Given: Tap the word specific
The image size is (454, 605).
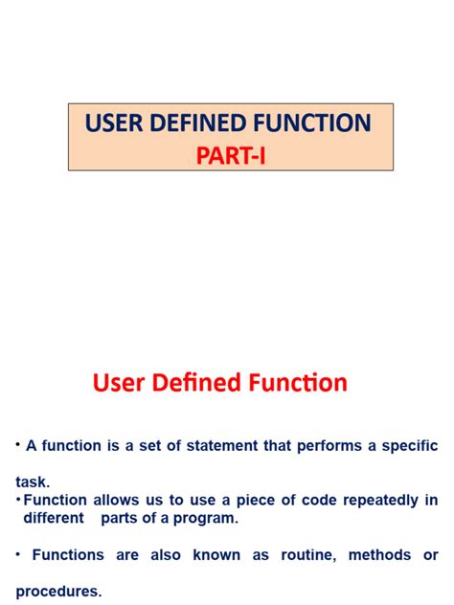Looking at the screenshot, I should (x=406, y=445).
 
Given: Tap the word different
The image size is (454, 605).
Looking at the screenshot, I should (x=55, y=518).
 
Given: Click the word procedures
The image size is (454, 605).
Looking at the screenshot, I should (x=57, y=592).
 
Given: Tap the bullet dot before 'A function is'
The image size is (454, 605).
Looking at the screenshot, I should (x=17, y=444).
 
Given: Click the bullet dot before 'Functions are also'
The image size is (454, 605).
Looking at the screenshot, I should (x=17, y=554).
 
